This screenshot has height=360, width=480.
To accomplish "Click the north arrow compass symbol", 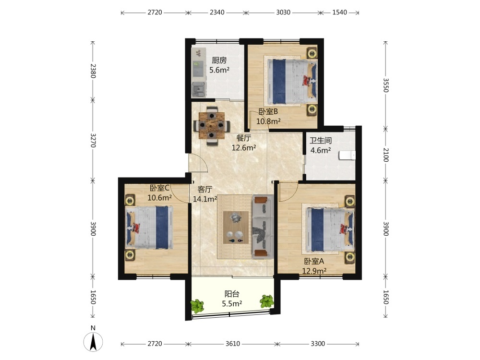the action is [93, 341].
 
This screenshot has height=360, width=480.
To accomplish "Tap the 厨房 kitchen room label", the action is [219, 60].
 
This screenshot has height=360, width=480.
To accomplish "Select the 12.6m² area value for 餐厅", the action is [244, 147].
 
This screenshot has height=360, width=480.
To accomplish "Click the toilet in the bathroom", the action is [348, 156].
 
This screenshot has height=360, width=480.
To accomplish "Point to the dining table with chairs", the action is [212, 125].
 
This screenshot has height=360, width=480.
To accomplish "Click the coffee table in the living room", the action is [236, 228].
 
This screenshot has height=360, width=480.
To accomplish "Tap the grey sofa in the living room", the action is [263, 227].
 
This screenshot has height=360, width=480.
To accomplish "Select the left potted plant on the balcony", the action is [197, 306].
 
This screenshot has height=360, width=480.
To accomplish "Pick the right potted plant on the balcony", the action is [266, 301].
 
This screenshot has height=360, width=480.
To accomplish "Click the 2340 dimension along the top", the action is [217, 12].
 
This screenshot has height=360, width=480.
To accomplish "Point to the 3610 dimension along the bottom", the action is [233, 344].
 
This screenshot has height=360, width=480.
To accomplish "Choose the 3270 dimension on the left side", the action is [93, 140].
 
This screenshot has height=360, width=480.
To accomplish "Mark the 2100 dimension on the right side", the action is [385, 155].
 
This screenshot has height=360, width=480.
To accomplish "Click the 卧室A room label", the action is [314, 262].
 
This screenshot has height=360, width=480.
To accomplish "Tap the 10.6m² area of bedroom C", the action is [159, 198].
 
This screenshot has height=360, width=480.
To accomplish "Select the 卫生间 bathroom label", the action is [321, 141].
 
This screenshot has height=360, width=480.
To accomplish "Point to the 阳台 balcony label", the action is [232, 294].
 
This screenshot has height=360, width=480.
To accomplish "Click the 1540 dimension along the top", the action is [339, 12].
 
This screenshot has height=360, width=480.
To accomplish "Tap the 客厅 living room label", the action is [205, 190].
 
